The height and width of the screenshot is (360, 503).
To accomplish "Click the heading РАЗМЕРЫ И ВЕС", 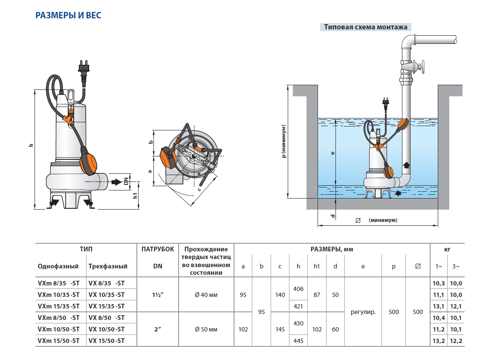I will tap(68, 16).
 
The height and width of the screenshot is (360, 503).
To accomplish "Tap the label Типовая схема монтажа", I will tap(365, 27).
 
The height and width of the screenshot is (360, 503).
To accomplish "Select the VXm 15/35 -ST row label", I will tap(58, 306).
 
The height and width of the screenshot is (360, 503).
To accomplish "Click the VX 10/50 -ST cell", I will tap(106, 329).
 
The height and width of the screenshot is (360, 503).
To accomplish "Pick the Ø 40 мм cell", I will tap(206, 295).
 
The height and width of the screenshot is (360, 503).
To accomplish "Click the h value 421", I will tap(298, 306).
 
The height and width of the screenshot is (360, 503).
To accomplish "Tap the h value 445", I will tap(298, 340).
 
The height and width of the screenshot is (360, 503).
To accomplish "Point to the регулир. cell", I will tap(363, 312).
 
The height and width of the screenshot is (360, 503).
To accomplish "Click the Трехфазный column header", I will tap(108, 266).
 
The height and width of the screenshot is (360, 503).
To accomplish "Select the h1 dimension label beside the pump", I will tap(135, 196).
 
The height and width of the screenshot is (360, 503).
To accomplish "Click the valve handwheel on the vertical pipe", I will tap(423, 67).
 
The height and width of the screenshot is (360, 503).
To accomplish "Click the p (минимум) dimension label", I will tap(283, 141).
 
